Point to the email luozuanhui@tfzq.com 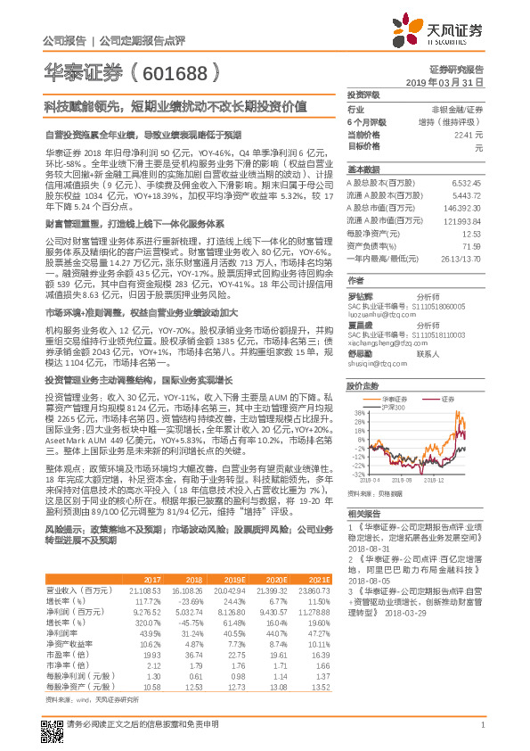pyautogui.click(x=382, y=315)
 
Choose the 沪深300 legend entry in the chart pyautogui.click(x=389, y=407)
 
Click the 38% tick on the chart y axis pyautogui.click(x=357, y=414)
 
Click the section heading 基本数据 pyautogui.click(x=363, y=170)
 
